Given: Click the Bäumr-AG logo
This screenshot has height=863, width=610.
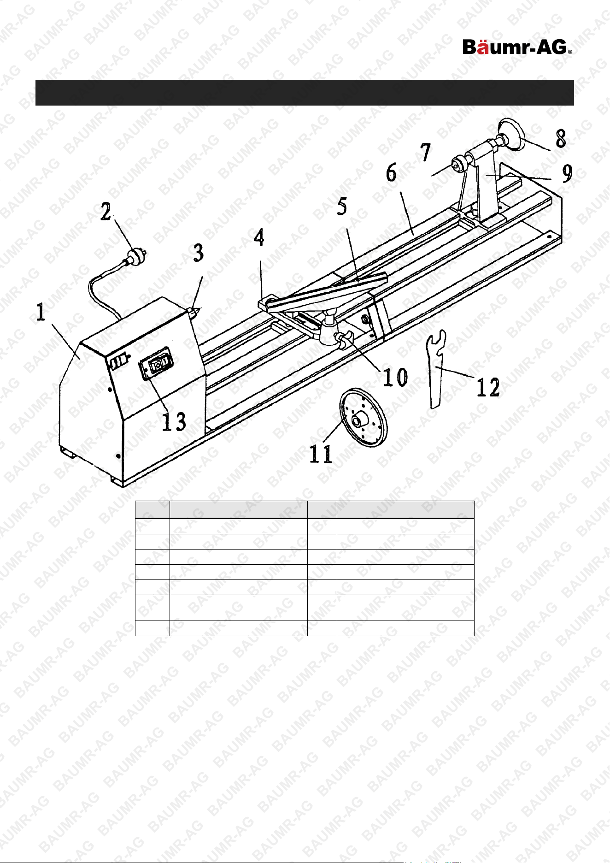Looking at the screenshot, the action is [x=517, y=47].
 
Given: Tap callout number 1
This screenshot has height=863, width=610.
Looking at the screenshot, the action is [x=41, y=313].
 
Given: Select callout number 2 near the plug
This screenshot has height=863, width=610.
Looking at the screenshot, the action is [x=106, y=212].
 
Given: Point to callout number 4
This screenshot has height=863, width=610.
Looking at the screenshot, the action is [x=259, y=237].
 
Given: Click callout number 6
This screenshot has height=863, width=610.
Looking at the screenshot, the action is [x=392, y=173].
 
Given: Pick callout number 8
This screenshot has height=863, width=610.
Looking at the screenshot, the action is [x=561, y=138].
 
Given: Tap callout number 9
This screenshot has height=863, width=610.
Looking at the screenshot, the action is [x=567, y=173].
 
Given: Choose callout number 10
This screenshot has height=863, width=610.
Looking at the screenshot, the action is [x=396, y=378].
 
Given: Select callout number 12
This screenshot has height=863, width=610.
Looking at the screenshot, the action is [x=488, y=387].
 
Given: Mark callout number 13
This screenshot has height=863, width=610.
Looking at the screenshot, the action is [x=174, y=421].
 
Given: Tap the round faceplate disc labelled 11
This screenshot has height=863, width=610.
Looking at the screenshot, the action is [x=364, y=417].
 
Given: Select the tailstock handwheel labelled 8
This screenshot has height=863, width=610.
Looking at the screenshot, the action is [x=512, y=134].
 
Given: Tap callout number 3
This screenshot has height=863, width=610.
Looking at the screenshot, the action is [x=199, y=253].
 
